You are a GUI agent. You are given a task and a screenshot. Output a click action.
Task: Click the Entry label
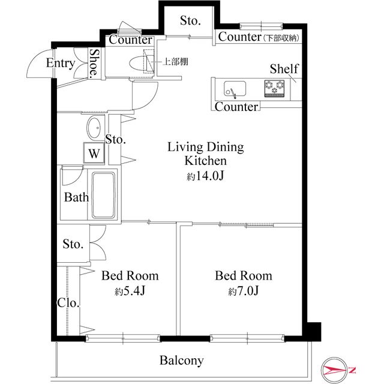pyautogui.click(x=61, y=63)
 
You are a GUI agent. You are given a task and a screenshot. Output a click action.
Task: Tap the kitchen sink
pyautogui.click(x=235, y=89)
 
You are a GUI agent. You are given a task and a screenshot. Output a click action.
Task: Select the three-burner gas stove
pyautogui.click(x=274, y=88)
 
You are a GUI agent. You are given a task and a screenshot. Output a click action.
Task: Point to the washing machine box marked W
pyautogui.click(x=94, y=153)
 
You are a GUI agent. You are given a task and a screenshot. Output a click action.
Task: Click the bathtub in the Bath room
pyautogui.click(x=103, y=194)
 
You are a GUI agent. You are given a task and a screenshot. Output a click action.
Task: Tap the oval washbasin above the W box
pyautogui.click(x=94, y=128)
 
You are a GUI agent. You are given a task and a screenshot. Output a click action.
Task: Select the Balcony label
pyautogui.click(x=181, y=360)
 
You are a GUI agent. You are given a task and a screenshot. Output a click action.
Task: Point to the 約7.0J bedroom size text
pyautogui.click(x=244, y=291)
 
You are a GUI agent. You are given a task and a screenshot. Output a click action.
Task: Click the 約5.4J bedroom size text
pyautogui.click(x=130, y=291)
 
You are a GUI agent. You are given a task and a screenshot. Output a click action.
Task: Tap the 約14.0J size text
pyautogui.click(x=205, y=176)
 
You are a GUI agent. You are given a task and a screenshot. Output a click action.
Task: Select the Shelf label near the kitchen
pyautogui.click(x=284, y=69)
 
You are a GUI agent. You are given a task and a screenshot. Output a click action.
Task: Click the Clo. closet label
pyautogui.click(x=68, y=303)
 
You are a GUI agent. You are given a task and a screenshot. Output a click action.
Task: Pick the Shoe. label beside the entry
pyautogui.click(x=95, y=63)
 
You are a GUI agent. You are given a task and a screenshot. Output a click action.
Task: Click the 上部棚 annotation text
pyautogui.click(x=175, y=61)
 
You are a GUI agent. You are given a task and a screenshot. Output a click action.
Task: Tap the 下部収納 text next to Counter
pyautogui.click(x=281, y=38)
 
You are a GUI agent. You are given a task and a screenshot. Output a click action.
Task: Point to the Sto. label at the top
pyautogui.click(x=190, y=21)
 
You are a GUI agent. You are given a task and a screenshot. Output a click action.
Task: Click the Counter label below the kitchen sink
pyautogui.click(x=236, y=107)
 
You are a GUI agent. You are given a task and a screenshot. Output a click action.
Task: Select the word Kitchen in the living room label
pyautogui.click(x=205, y=161)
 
